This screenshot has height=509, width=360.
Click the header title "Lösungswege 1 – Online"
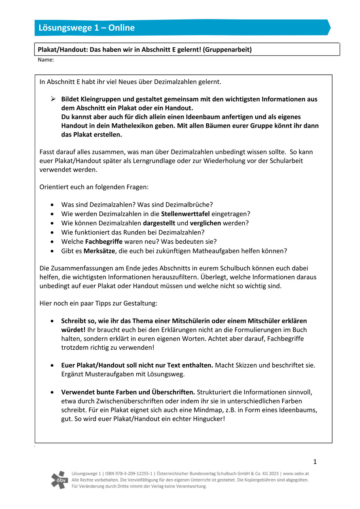[x=87, y=28]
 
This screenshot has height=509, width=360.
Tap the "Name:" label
[x=46, y=60]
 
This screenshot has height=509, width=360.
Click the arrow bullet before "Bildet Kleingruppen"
[x=53, y=99]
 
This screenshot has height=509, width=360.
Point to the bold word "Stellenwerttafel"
[x=185, y=213]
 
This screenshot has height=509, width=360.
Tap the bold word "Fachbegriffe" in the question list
[x=103, y=241]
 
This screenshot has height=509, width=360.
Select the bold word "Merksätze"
[x=99, y=251]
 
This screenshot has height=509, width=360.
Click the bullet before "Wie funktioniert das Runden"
[x=53, y=232]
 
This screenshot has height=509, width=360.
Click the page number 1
[x=315, y=462]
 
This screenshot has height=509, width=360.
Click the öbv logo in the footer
[x=59, y=479]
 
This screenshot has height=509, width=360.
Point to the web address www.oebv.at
[x=296, y=473]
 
